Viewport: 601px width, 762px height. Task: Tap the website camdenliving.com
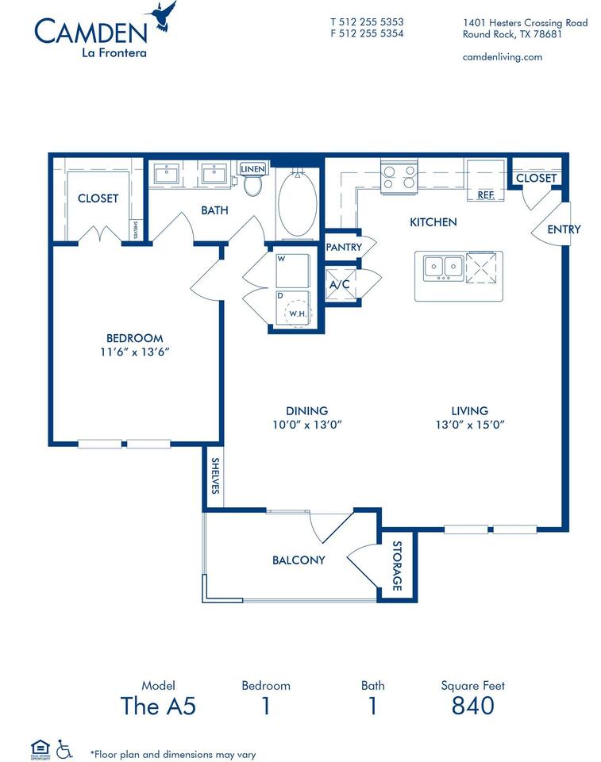pos(502,56)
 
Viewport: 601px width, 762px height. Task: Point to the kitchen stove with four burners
pos(399,175)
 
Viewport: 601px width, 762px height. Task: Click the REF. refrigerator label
pos(486,194)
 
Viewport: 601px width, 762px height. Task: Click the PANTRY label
pos(344,248)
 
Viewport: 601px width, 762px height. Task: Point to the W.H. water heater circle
pos(299,311)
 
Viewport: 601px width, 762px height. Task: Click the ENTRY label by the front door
pos(564,229)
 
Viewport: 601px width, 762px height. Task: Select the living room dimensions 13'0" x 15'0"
pos(469,425)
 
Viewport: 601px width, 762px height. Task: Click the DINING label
pos(306,410)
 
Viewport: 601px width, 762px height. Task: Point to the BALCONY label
pos(299,560)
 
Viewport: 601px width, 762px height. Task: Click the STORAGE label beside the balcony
pos(397,567)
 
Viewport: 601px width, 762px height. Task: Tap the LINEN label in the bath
pos(252,169)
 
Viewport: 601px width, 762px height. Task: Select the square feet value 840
pos(472,705)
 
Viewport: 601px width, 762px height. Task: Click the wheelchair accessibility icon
pos(64,748)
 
